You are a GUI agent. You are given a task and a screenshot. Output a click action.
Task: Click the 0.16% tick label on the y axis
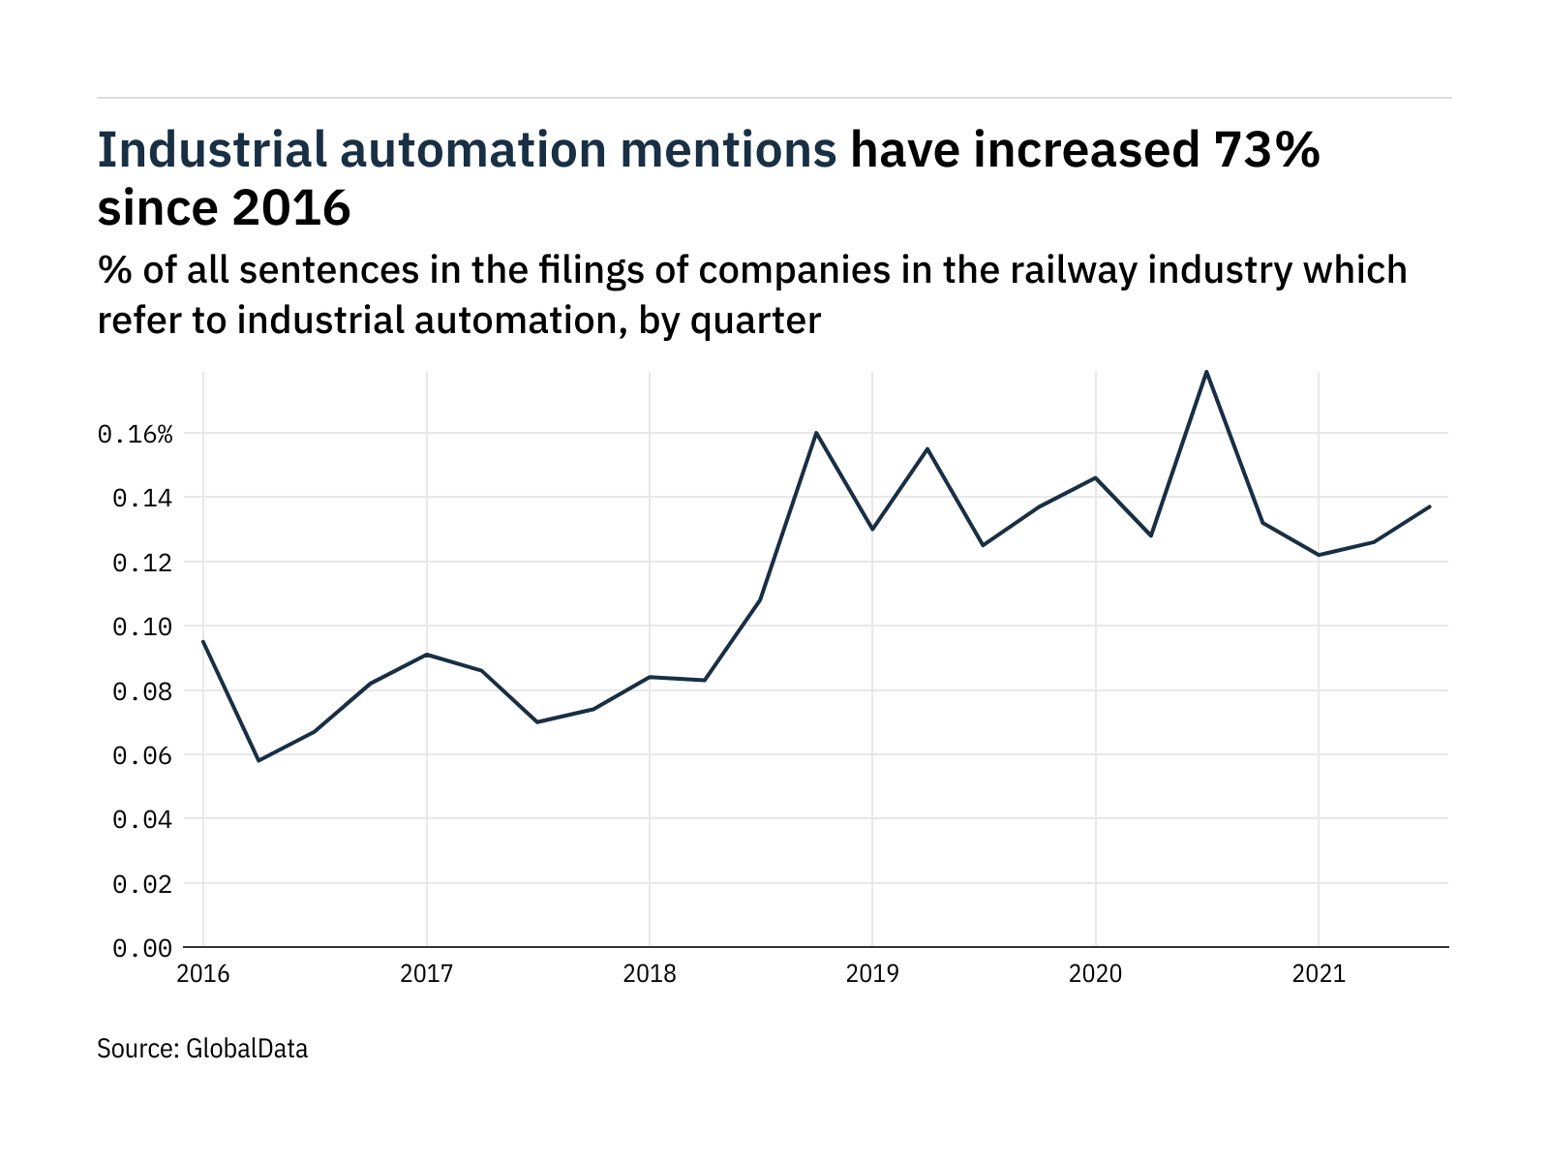tap(135, 435)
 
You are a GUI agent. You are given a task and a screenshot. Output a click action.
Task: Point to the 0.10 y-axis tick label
tap(142, 627)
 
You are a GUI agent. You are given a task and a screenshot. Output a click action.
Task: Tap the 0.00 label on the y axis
tap(142, 948)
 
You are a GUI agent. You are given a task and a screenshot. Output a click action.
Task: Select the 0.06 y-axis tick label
tap(142, 756)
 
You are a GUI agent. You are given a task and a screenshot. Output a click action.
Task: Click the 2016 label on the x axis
tap(203, 973)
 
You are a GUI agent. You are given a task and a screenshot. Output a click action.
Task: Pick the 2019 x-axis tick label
tap(872, 973)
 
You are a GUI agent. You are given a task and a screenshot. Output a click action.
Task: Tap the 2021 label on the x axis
tap(1319, 973)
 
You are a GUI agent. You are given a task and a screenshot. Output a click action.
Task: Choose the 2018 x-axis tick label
tap(650, 973)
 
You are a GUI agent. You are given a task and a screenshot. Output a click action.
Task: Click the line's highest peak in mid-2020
tap(1206, 372)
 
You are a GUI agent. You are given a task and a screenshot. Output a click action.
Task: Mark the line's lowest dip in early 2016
tap(258, 760)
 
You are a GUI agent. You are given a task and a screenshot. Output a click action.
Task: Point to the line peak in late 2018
tap(816, 433)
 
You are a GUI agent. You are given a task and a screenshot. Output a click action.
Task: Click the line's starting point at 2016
tap(203, 641)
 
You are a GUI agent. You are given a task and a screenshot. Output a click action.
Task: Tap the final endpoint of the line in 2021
tap(1429, 506)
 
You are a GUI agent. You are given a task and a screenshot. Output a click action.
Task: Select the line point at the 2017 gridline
tap(427, 655)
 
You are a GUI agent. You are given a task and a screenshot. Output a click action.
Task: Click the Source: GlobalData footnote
tap(202, 1049)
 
